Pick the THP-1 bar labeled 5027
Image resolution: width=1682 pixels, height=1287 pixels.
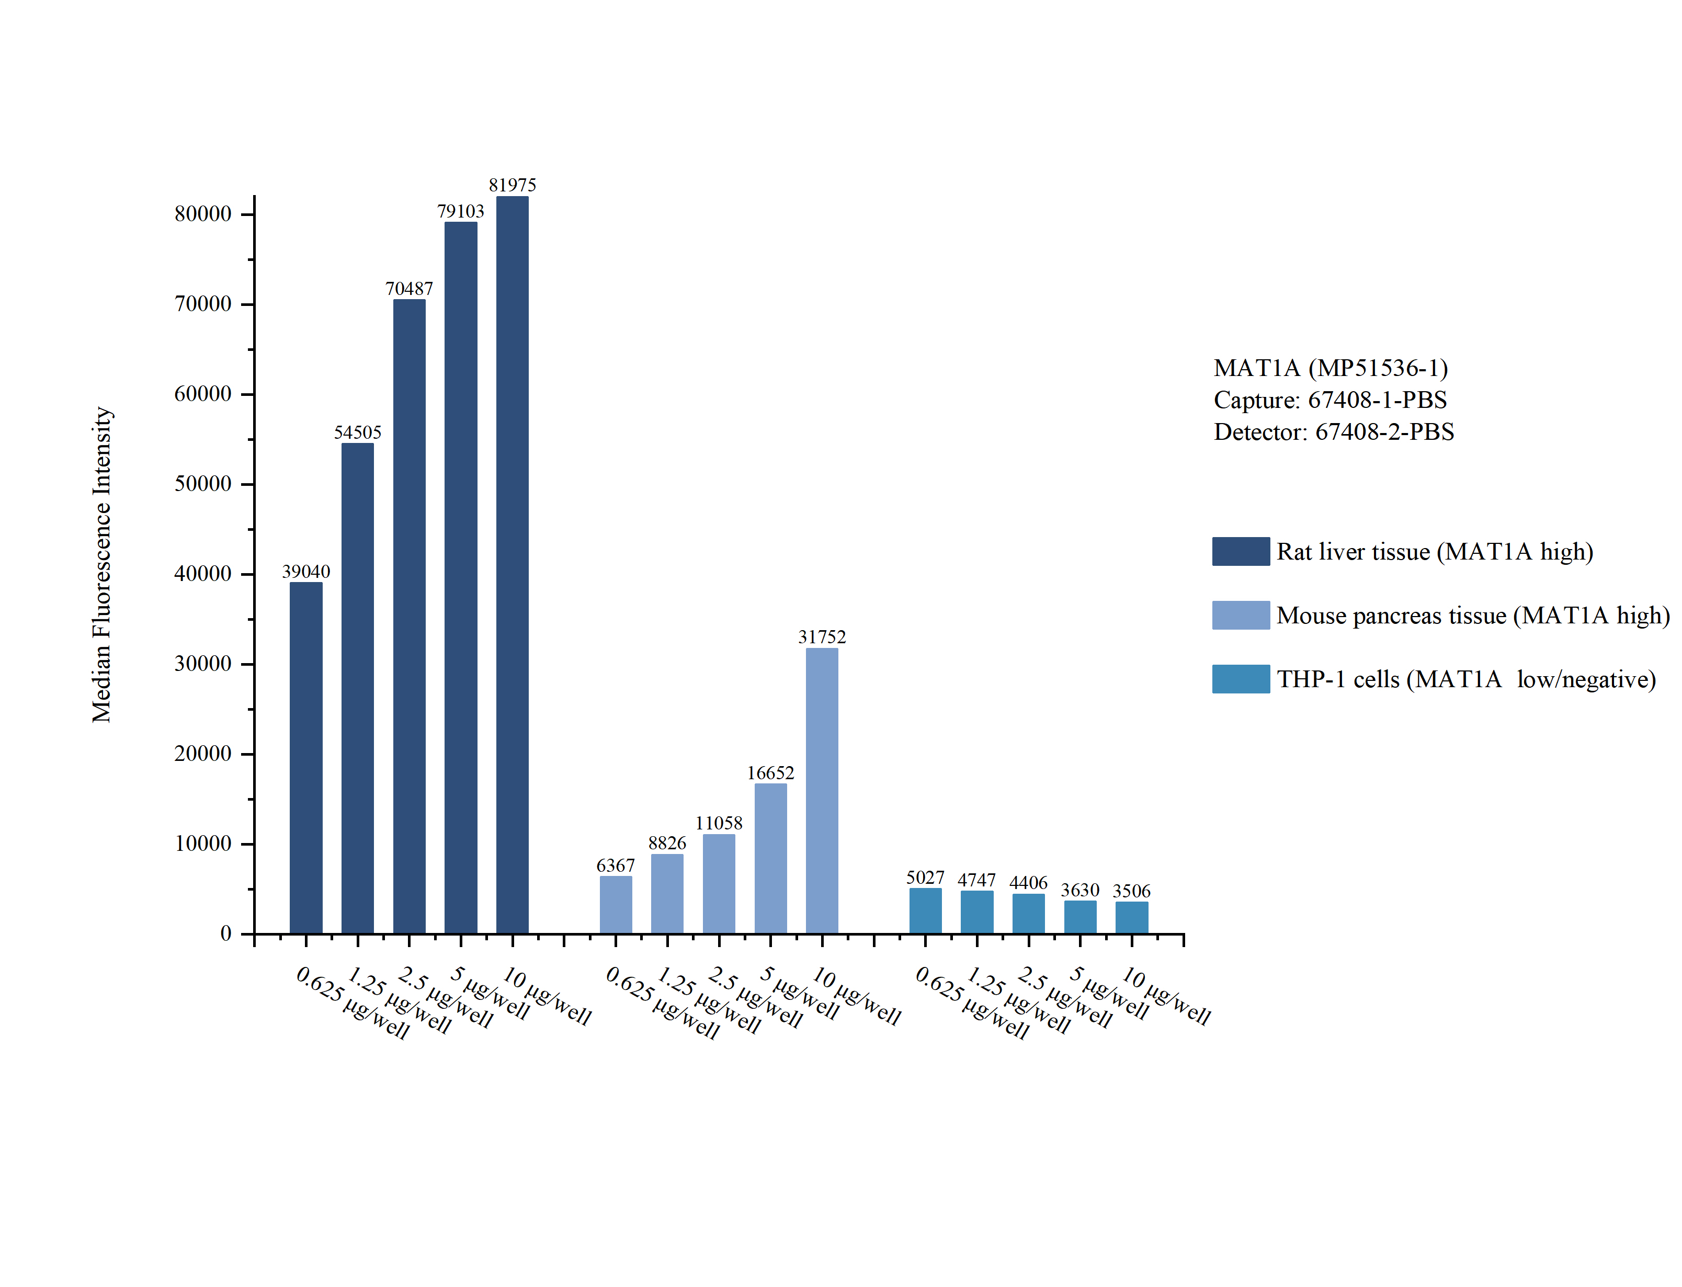click(x=925, y=911)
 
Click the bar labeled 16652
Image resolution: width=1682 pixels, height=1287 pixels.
click(x=770, y=858)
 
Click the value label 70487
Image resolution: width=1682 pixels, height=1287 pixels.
click(x=409, y=289)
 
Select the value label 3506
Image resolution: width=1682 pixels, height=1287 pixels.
click(x=1131, y=891)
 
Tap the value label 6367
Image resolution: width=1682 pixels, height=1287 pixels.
click(x=615, y=865)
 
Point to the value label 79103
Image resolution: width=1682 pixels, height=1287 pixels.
click(x=460, y=211)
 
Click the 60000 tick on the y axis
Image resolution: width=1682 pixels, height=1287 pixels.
click(x=203, y=394)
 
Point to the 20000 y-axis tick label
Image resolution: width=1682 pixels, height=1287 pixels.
click(x=203, y=754)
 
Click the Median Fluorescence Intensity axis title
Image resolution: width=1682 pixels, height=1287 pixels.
click(x=102, y=565)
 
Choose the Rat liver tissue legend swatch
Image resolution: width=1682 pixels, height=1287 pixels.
click(x=1240, y=552)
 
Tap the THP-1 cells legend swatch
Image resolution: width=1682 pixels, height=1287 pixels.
click(x=1240, y=679)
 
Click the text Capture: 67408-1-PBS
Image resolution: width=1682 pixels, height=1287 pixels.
click(x=1329, y=400)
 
